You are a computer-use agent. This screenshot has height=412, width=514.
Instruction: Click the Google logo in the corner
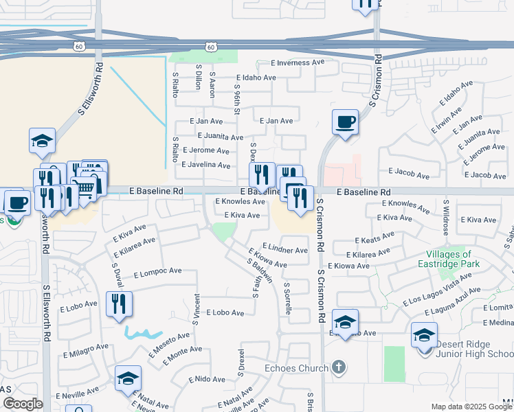pyautogui.click(x=22, y=404)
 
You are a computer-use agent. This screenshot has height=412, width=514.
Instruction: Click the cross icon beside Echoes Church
pyautogui.click(x=337, y=367)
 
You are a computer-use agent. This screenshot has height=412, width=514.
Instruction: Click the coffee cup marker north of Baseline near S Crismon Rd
pyautogui.click(x=345, y=124)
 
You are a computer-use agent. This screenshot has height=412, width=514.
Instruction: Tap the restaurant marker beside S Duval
pyautogui.click(x=119, y=304)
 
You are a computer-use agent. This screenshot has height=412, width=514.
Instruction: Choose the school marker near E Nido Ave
pyautogui.click(x=128, y=379)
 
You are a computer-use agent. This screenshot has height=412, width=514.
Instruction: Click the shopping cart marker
pyautogui.click(x=83, y=187)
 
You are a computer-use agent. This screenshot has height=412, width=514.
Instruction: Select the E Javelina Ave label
pyautogui.click(x=205, y=165)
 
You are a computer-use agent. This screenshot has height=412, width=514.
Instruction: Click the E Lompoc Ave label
pyautogui.click(x=157, y=272)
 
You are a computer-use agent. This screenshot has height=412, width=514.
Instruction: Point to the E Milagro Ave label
pyautogui.click(x=85, y=352)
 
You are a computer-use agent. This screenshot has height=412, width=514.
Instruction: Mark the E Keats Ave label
pyautogui.click(x=375, y=238)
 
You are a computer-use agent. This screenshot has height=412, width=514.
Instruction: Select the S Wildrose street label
pyautogui.click(x=446, y=215)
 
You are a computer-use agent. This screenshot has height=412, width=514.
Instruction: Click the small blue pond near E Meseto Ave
pyautogui.click(x=140, y=333)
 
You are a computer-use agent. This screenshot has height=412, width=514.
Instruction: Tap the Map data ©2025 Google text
pyautogui.click(x=470, y=407)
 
